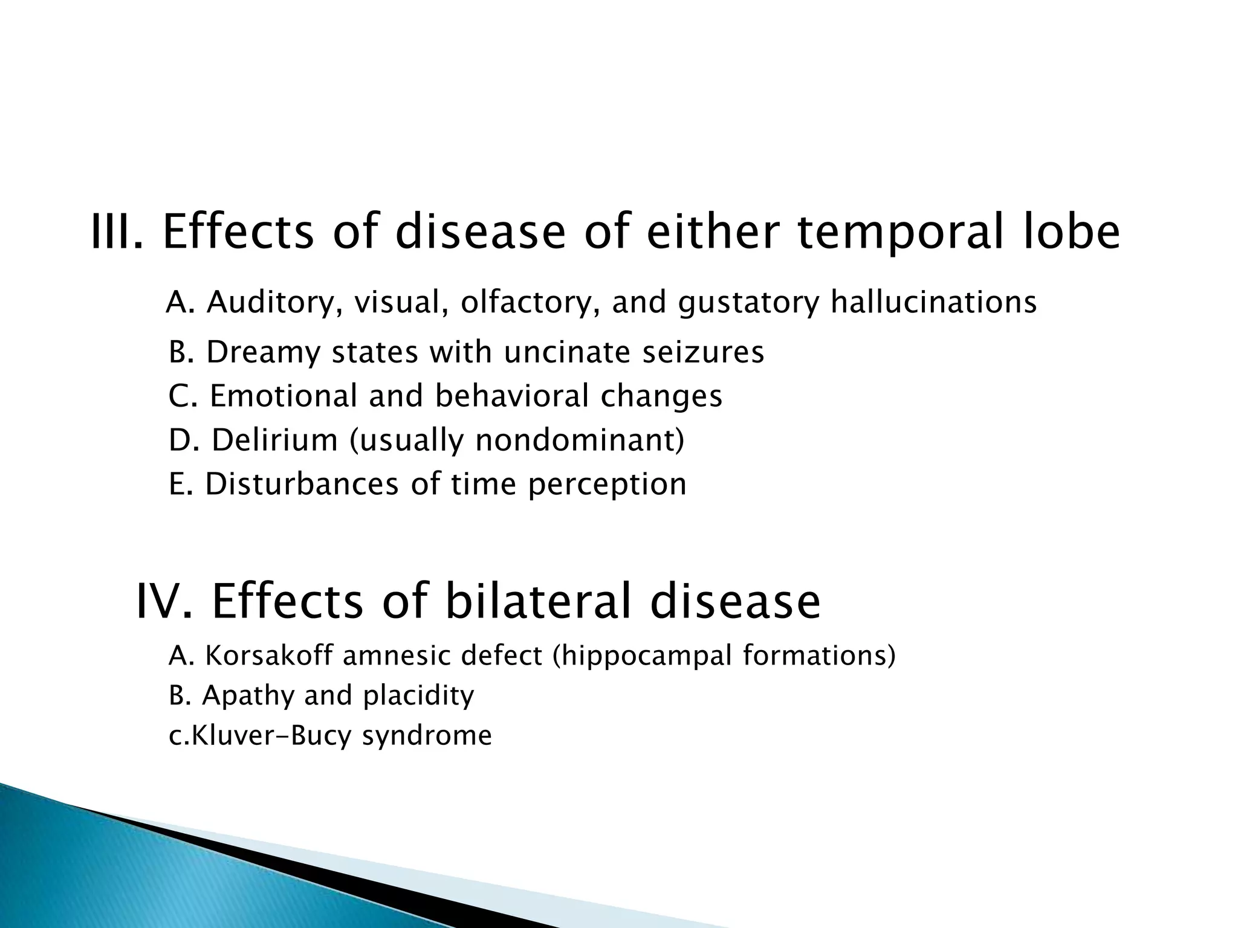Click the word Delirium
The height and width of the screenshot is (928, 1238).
coord(274,440)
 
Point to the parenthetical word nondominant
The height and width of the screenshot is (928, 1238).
coord(579,440)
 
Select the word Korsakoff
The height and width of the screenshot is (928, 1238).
coord(268,656)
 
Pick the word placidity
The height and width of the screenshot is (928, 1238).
coord(418,696)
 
